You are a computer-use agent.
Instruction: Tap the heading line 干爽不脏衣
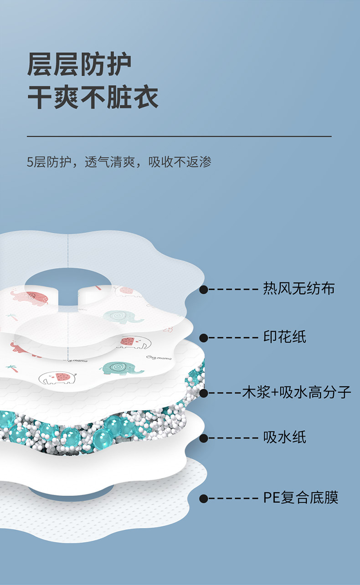coord(93,97)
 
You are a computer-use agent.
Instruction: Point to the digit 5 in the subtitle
coord(30,162)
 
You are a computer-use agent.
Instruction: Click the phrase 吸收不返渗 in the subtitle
coord(180,162)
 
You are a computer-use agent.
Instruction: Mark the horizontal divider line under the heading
coord(179,136)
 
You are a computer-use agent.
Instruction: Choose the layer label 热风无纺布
coord(299,289)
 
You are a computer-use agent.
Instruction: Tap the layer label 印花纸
coord(285,337)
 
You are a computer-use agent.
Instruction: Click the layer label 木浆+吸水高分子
coord(297,392)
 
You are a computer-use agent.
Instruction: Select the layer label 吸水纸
coord(285,438)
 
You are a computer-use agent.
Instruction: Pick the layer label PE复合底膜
coord(301,498)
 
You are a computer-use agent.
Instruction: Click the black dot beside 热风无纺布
coord(204,289)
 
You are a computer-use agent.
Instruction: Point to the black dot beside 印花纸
coord(204,338)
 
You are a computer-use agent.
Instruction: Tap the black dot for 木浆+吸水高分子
coord(204,393)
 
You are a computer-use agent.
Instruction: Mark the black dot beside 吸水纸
coord(204,438)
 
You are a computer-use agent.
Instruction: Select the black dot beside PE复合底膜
coord(204,498)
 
